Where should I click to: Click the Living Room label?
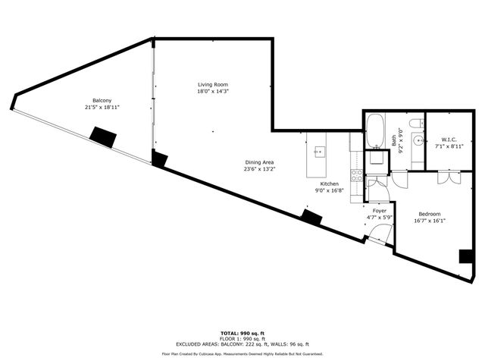coord(213,84)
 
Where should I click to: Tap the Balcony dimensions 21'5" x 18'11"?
coord(102,108)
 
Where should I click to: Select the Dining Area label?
coord(258,162)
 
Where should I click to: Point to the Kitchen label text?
coord(329,184)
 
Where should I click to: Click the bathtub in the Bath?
coord(375,132)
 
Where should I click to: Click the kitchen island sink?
coord(319,151)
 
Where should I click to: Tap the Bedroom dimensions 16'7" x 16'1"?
coord(430,221)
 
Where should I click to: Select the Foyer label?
coord(380,210)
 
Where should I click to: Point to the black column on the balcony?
coord(102,136)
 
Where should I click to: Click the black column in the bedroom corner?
coord(466,256)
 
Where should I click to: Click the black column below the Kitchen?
coord(311,216)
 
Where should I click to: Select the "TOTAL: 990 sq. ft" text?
coord(242,333)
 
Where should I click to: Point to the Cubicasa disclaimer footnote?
coord(242,353)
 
